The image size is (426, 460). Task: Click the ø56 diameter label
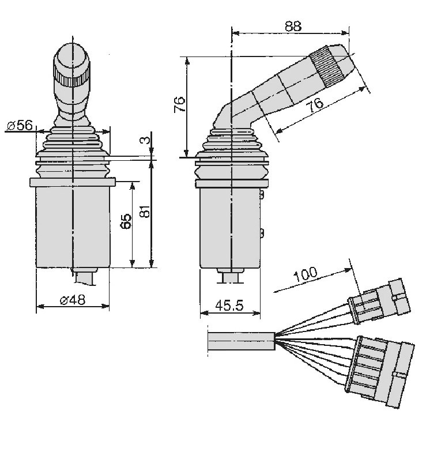20,125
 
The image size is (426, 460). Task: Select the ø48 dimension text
72,300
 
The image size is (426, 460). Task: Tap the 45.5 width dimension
229,306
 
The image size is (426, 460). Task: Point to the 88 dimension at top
293,26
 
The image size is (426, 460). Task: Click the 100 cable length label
306,274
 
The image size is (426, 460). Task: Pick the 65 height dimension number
126,221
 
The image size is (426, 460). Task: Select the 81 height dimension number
145,211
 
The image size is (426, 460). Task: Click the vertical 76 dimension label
179,104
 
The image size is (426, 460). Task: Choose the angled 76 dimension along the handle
316,105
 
